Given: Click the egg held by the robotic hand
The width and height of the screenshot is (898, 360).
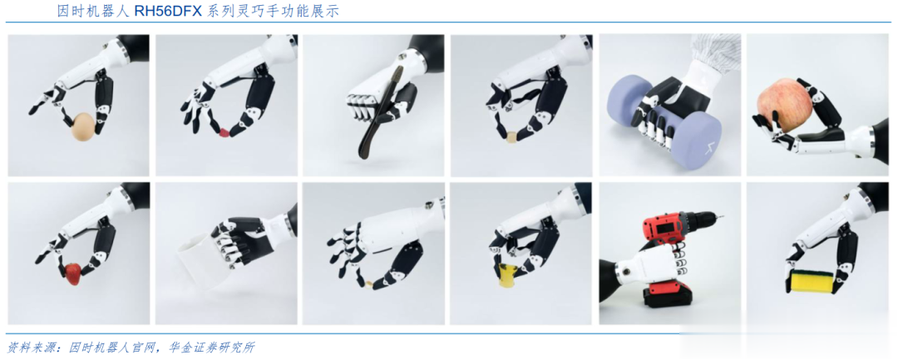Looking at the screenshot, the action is (84, 126).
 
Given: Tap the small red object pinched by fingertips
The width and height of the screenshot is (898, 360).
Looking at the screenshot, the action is (224, 133).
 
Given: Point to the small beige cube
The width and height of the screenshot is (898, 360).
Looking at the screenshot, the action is (511, 137).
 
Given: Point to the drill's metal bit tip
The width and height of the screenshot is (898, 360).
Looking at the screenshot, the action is (721, 216).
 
